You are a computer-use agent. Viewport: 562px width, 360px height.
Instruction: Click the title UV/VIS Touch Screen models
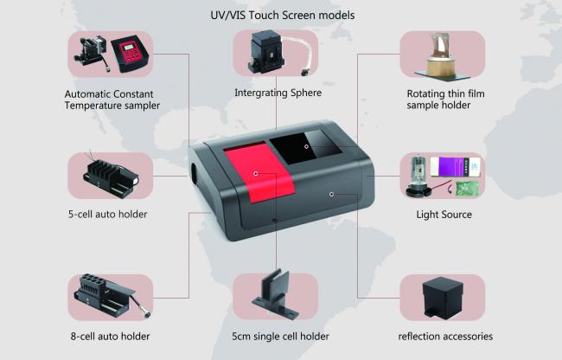[283, 16]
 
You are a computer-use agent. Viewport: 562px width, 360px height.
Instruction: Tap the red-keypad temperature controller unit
[130, 54]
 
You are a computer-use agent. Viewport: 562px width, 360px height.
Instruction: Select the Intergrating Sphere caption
[278, 93]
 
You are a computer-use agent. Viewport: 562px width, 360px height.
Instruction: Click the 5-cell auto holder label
[107, 215]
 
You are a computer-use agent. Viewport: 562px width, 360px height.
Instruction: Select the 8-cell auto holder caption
[110, 337]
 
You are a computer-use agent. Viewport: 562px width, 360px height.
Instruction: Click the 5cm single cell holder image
[276, 295]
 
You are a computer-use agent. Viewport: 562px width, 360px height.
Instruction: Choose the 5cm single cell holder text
[280, 337]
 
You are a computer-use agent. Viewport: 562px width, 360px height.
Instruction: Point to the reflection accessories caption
[445, 337]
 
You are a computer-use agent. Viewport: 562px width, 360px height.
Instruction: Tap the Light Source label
[444, 215]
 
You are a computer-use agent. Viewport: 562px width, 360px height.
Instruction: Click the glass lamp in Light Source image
[418, 177]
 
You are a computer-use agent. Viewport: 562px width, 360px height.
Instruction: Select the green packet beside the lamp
[468, 189]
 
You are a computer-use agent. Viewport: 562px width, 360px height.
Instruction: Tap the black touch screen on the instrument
[304, 146]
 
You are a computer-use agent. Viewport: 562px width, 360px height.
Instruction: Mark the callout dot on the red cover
[256, 174]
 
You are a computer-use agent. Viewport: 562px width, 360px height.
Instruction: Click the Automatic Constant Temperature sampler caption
[112, 100]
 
